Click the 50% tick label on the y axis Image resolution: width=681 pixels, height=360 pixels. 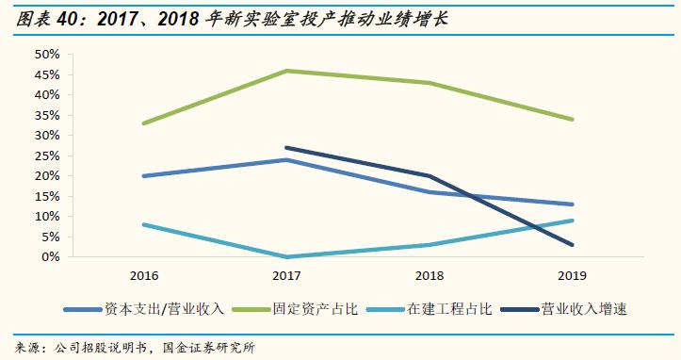pyautogui.click(x=46, y=55)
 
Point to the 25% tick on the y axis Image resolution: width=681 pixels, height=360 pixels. pyautogui.click(x=46, y=155)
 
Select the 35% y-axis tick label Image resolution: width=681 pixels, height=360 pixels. pyautogui.click(x=46, y=115)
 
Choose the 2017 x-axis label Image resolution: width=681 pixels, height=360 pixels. pyautogui.click(x=285, y=276)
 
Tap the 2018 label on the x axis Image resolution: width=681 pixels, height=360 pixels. pyautogui.click(x=429, y=276)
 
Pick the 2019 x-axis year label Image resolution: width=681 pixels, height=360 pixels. pyautogui.click(x=572, y=276)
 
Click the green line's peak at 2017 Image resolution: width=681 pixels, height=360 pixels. pyautogui.click(x=285, y=71)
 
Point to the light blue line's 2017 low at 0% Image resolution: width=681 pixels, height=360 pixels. pyautogui.click(x=285, y=256)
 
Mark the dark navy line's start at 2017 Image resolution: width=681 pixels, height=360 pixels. pyautogui.click(x=285, y=147)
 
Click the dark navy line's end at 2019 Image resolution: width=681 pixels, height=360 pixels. pyautogui.click(x=572, y=245)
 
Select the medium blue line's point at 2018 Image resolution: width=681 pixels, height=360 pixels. pyautogui.click(x=429, y=192)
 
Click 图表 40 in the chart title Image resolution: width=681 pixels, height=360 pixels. pyautogui.click(x=39, y=18)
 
